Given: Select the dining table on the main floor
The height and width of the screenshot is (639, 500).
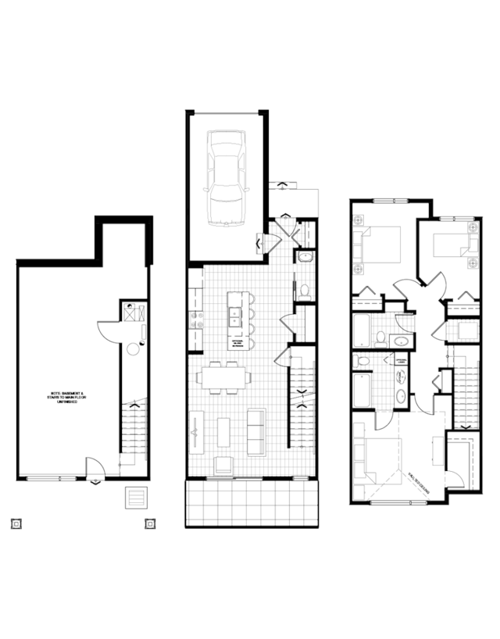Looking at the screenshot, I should click(x=224, y=377).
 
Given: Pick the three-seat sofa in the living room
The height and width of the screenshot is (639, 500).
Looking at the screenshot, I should click(x=255, y=432).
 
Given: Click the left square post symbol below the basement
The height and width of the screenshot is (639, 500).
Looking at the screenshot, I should click(x=15, y=524).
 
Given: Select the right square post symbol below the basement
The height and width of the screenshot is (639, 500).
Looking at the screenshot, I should click(x=148, y=524).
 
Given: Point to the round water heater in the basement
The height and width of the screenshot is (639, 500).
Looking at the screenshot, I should click(x=131, y=349).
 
